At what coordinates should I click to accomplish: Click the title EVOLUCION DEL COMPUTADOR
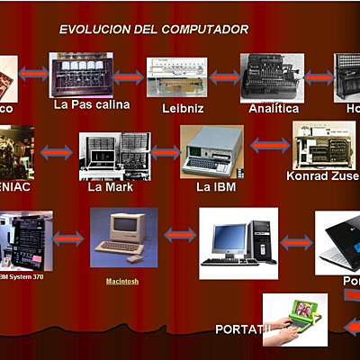click(x=154, y=30)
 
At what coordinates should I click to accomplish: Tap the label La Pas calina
click(x=91, y=104)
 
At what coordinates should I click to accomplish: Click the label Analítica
click(x=274, y=108)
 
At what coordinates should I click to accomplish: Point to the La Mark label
click(x=107, y=187)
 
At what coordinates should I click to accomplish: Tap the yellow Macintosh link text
click(x=124, y=281)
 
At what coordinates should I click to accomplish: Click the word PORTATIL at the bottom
click(x=243, y=329)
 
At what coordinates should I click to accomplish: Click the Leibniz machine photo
click(x=171, y=78)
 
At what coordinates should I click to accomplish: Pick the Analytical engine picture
click(x=271, y=77)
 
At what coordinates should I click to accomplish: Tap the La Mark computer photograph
click(x=112, y=156)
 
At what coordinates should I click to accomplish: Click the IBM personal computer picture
click(x=211, y=150)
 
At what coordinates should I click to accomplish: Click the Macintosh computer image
click(x=123, y=236)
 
